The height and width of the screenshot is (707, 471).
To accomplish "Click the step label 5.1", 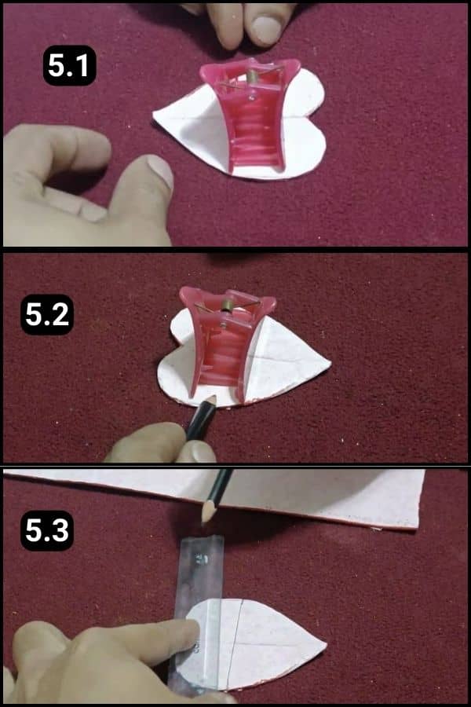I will pos(69,66).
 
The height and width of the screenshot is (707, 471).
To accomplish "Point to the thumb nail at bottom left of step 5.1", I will pos(161,170).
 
